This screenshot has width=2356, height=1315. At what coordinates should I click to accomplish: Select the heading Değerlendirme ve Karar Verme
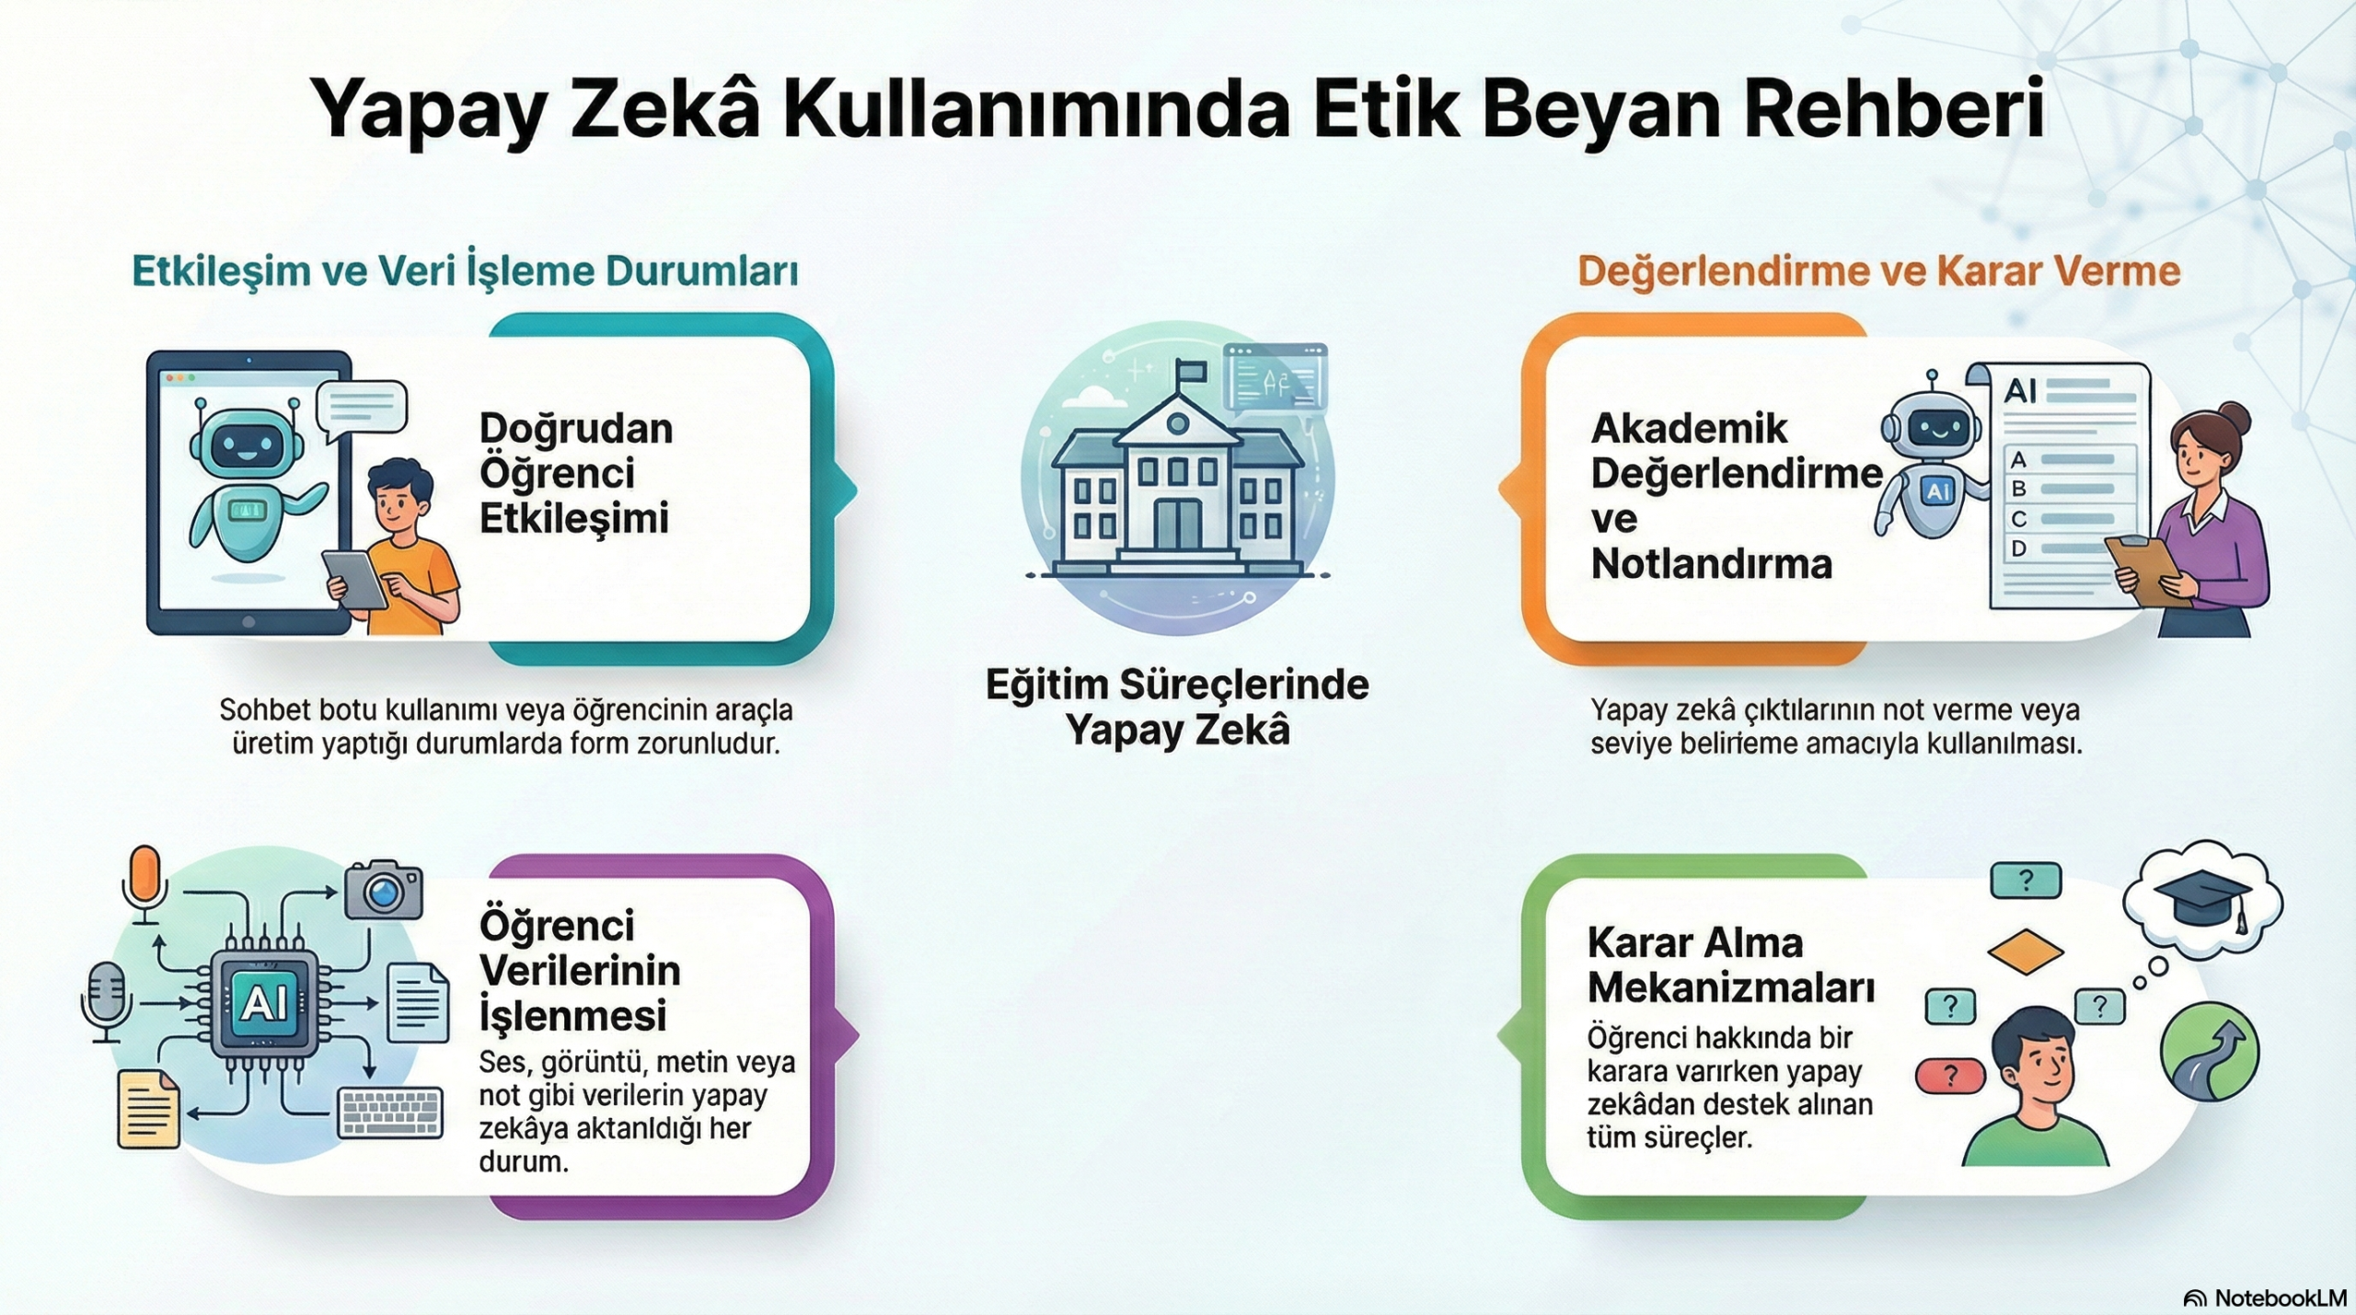tap(1878, 271)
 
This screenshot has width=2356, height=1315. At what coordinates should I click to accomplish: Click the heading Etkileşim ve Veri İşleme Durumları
tap(465, 271)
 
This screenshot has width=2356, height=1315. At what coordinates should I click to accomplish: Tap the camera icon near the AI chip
tap(383, 890)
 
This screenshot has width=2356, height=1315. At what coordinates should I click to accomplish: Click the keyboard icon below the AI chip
tap(391, 1113)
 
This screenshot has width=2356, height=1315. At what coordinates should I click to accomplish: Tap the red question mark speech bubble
tap(1948, 1075)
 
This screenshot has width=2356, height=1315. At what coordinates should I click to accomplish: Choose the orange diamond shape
tap(2026, 952)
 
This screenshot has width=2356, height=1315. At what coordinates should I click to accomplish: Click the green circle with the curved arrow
tap(2210, 1052)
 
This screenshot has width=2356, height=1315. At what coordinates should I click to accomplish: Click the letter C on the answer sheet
tap(2018, 519)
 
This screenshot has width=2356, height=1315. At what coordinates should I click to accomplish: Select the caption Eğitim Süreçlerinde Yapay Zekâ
tap(1177, 708)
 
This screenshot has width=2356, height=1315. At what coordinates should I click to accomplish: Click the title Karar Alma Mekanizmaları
tap(1731, 965)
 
